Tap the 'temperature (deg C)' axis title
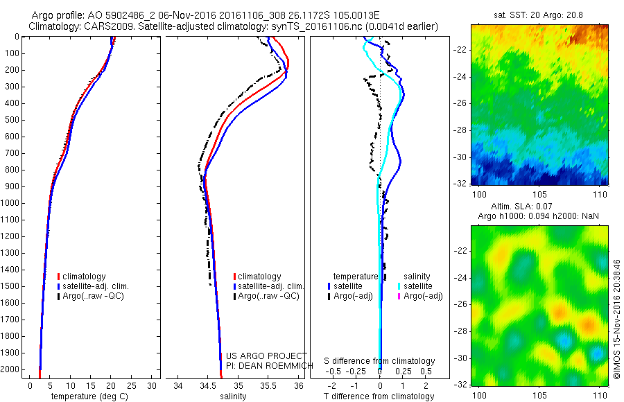88,396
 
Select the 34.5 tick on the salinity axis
207,385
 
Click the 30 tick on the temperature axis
153,385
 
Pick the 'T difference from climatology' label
381,396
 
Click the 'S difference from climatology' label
380,362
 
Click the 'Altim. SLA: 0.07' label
538,207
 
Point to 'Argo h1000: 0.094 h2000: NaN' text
538,216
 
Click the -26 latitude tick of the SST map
461,103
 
